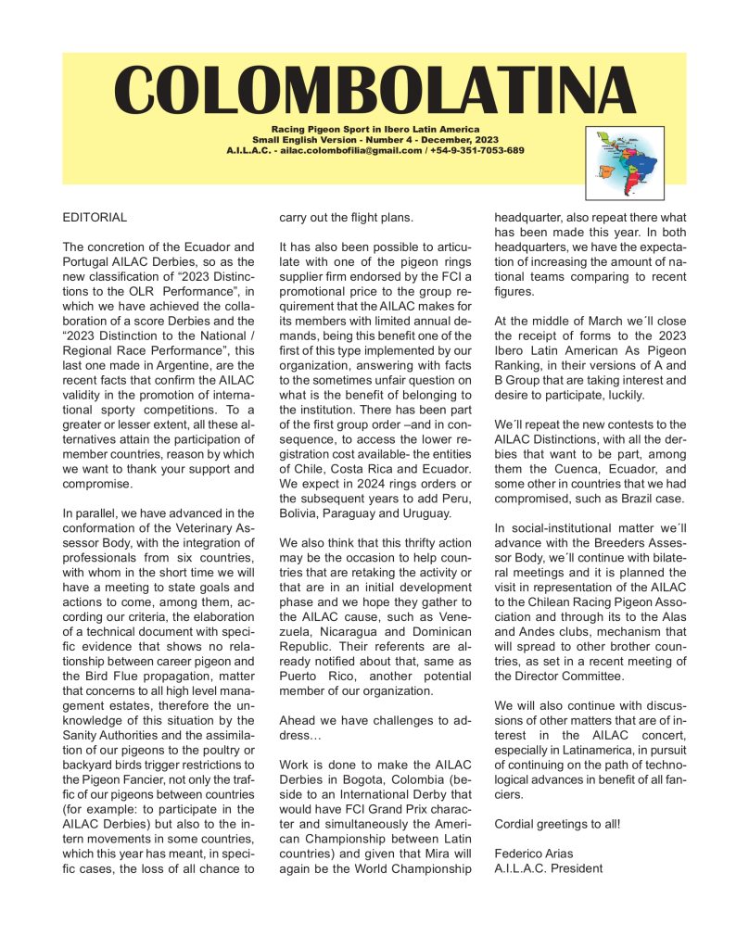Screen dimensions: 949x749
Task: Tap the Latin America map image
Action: coord(624,163)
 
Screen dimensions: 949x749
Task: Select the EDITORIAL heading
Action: coord(95,218)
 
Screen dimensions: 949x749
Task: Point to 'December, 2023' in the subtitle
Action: coord(447,139)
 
